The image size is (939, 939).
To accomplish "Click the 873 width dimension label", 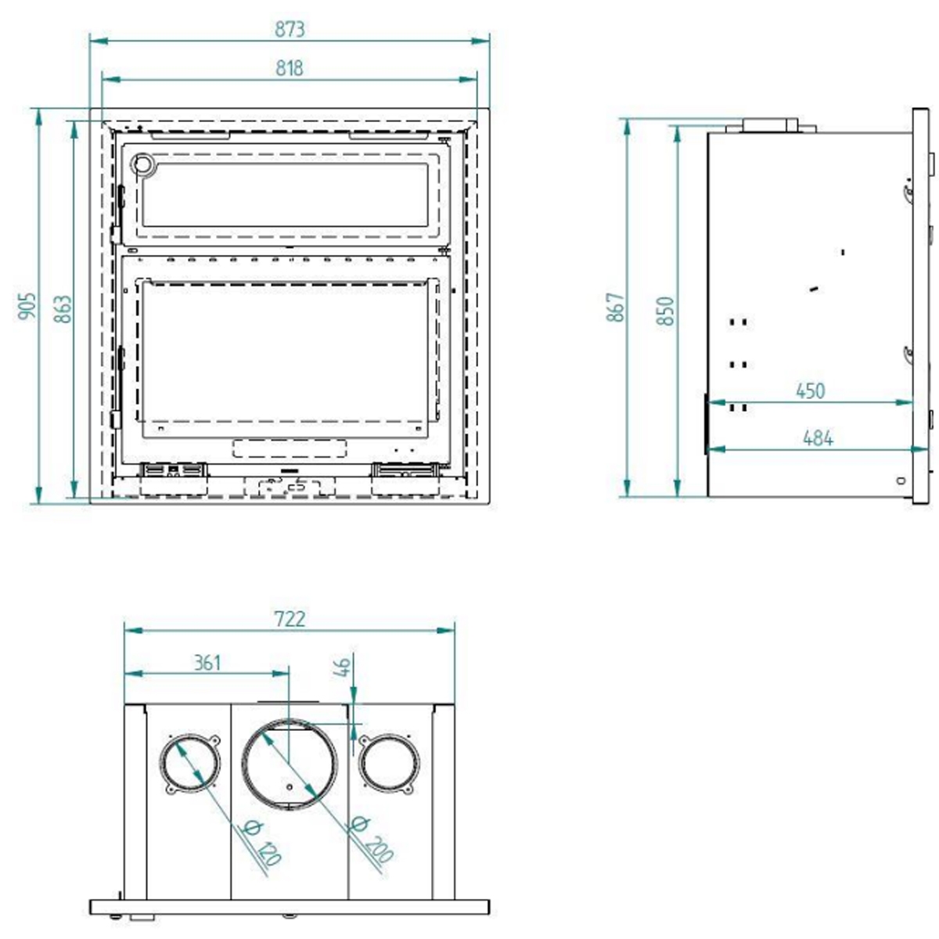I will tap(290, 29).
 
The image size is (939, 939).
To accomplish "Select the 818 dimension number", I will tap(290, 69).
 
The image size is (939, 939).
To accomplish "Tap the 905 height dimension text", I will tap(27, 307).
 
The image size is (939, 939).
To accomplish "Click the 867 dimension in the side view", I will tap(617, 308).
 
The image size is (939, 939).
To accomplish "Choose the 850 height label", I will tap(665, 311).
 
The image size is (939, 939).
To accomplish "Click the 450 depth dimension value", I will tap(810, 390).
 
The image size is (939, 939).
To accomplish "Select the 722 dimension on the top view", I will tap(290, 619).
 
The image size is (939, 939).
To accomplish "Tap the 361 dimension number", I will tap(207, 663).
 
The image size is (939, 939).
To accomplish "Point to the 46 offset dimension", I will tap(342, 667).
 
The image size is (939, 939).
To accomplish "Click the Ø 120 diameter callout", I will tap(259, 842).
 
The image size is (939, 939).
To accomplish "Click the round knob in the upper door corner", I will tap(143, 164).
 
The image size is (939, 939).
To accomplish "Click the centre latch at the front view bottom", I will tap(289, 486).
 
